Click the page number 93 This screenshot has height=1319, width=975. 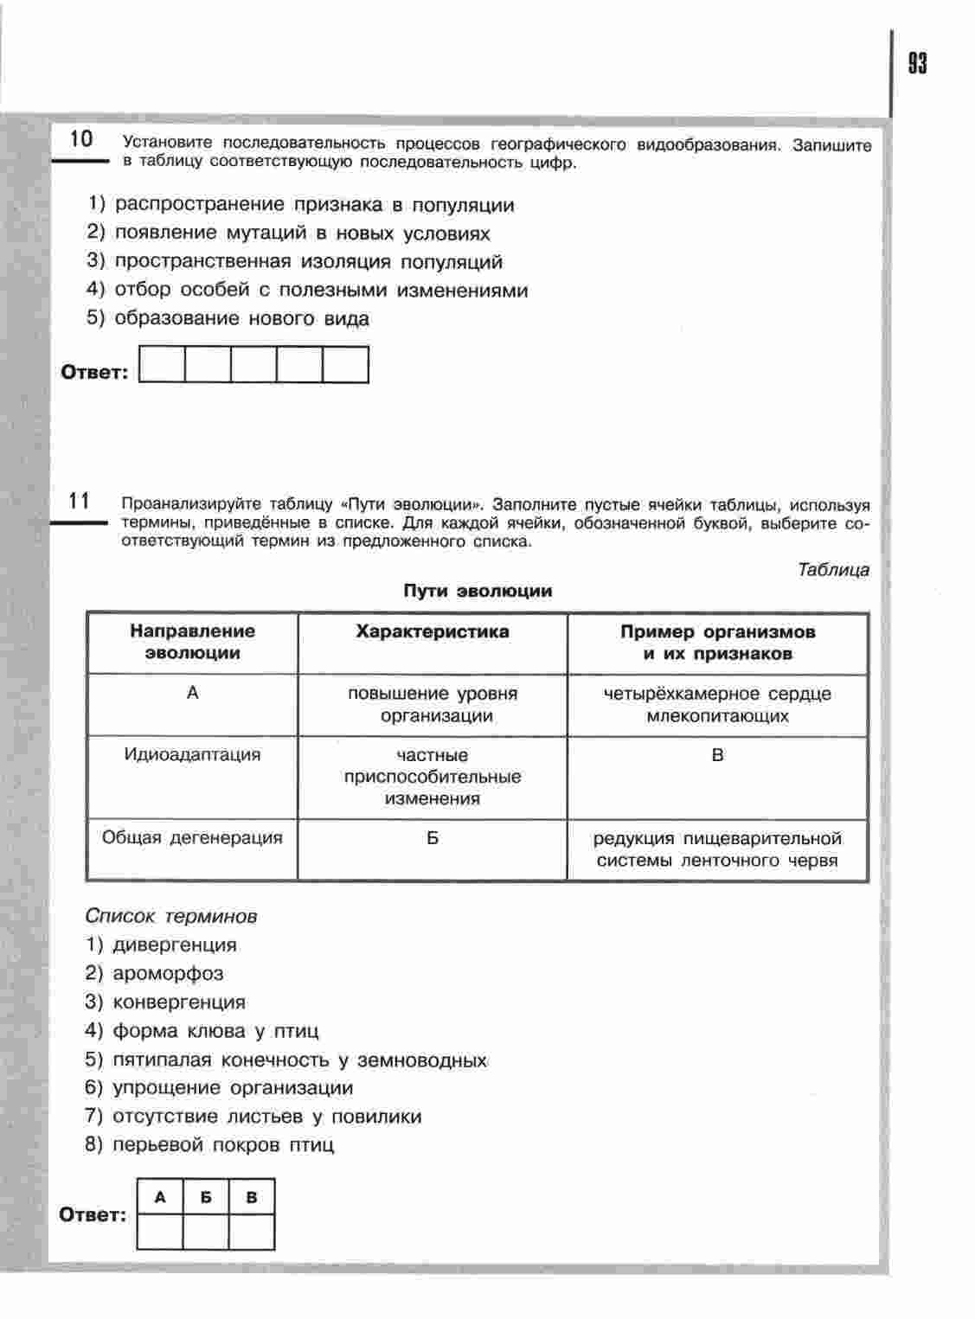917,64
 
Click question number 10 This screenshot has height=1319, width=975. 80,139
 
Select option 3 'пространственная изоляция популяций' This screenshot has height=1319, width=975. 294,262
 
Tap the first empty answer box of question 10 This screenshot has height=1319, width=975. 162,365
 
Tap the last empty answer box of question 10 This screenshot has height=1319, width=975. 345,365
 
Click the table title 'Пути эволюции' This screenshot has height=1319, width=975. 478,591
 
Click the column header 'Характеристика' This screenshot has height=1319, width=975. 433,631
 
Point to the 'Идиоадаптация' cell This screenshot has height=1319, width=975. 192,754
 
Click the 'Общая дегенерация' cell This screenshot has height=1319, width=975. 192,837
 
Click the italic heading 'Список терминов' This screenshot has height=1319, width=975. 171,916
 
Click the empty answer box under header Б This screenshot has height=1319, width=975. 206,1232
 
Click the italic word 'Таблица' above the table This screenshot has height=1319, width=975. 833,569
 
